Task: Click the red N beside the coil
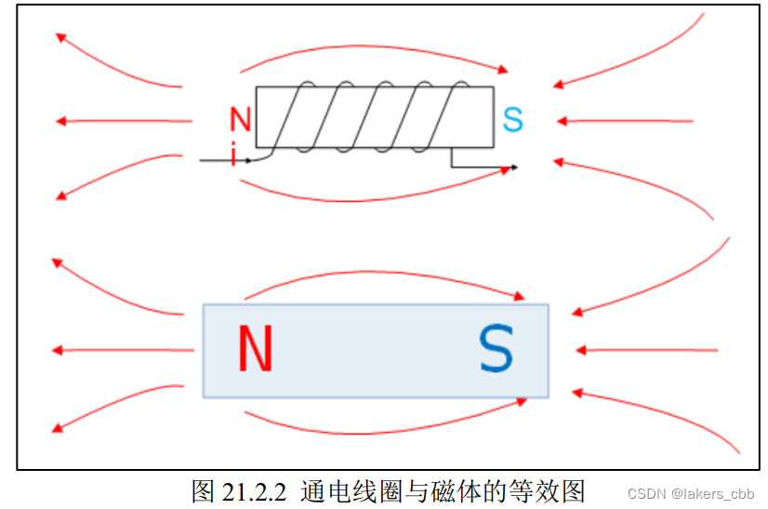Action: coord(241,119)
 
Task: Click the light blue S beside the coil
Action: coord(512,120)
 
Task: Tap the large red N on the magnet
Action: coord(255,349)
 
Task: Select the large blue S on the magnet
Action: coord(496,349)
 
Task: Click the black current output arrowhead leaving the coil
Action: coord(512,167)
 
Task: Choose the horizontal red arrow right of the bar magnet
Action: coord(646,351)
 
